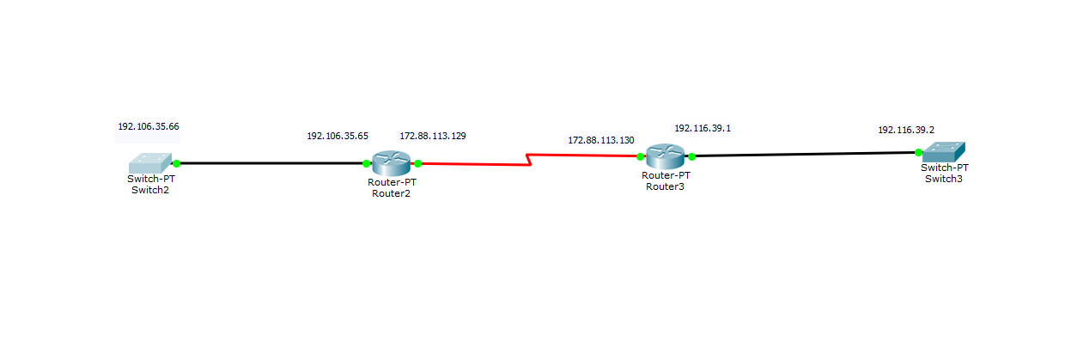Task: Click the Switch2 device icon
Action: [x=151, y=162]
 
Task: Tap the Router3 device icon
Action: [x=665, y=156]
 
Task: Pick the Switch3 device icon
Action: [x=943, y=152]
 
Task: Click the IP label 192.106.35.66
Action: [x=149, y=126]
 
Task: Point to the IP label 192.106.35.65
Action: [x=338, y=136]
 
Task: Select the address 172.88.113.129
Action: [x=433, y=136]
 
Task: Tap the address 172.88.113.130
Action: [x=601, y=139]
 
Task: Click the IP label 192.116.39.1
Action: [x=703, y=128]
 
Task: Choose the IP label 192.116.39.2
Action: [x=906, y=130]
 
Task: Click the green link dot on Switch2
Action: [x=176, y=162]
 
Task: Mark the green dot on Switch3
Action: [x=918, y=152]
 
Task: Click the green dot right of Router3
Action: [x=691, y=156]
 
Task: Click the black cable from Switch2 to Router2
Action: [x=271, y=162]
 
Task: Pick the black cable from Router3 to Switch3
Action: [x=803, y=155]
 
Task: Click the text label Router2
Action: [x=392, y=193]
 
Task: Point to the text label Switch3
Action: [x=944, y=179]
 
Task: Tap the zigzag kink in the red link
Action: [x=530, y=160]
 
